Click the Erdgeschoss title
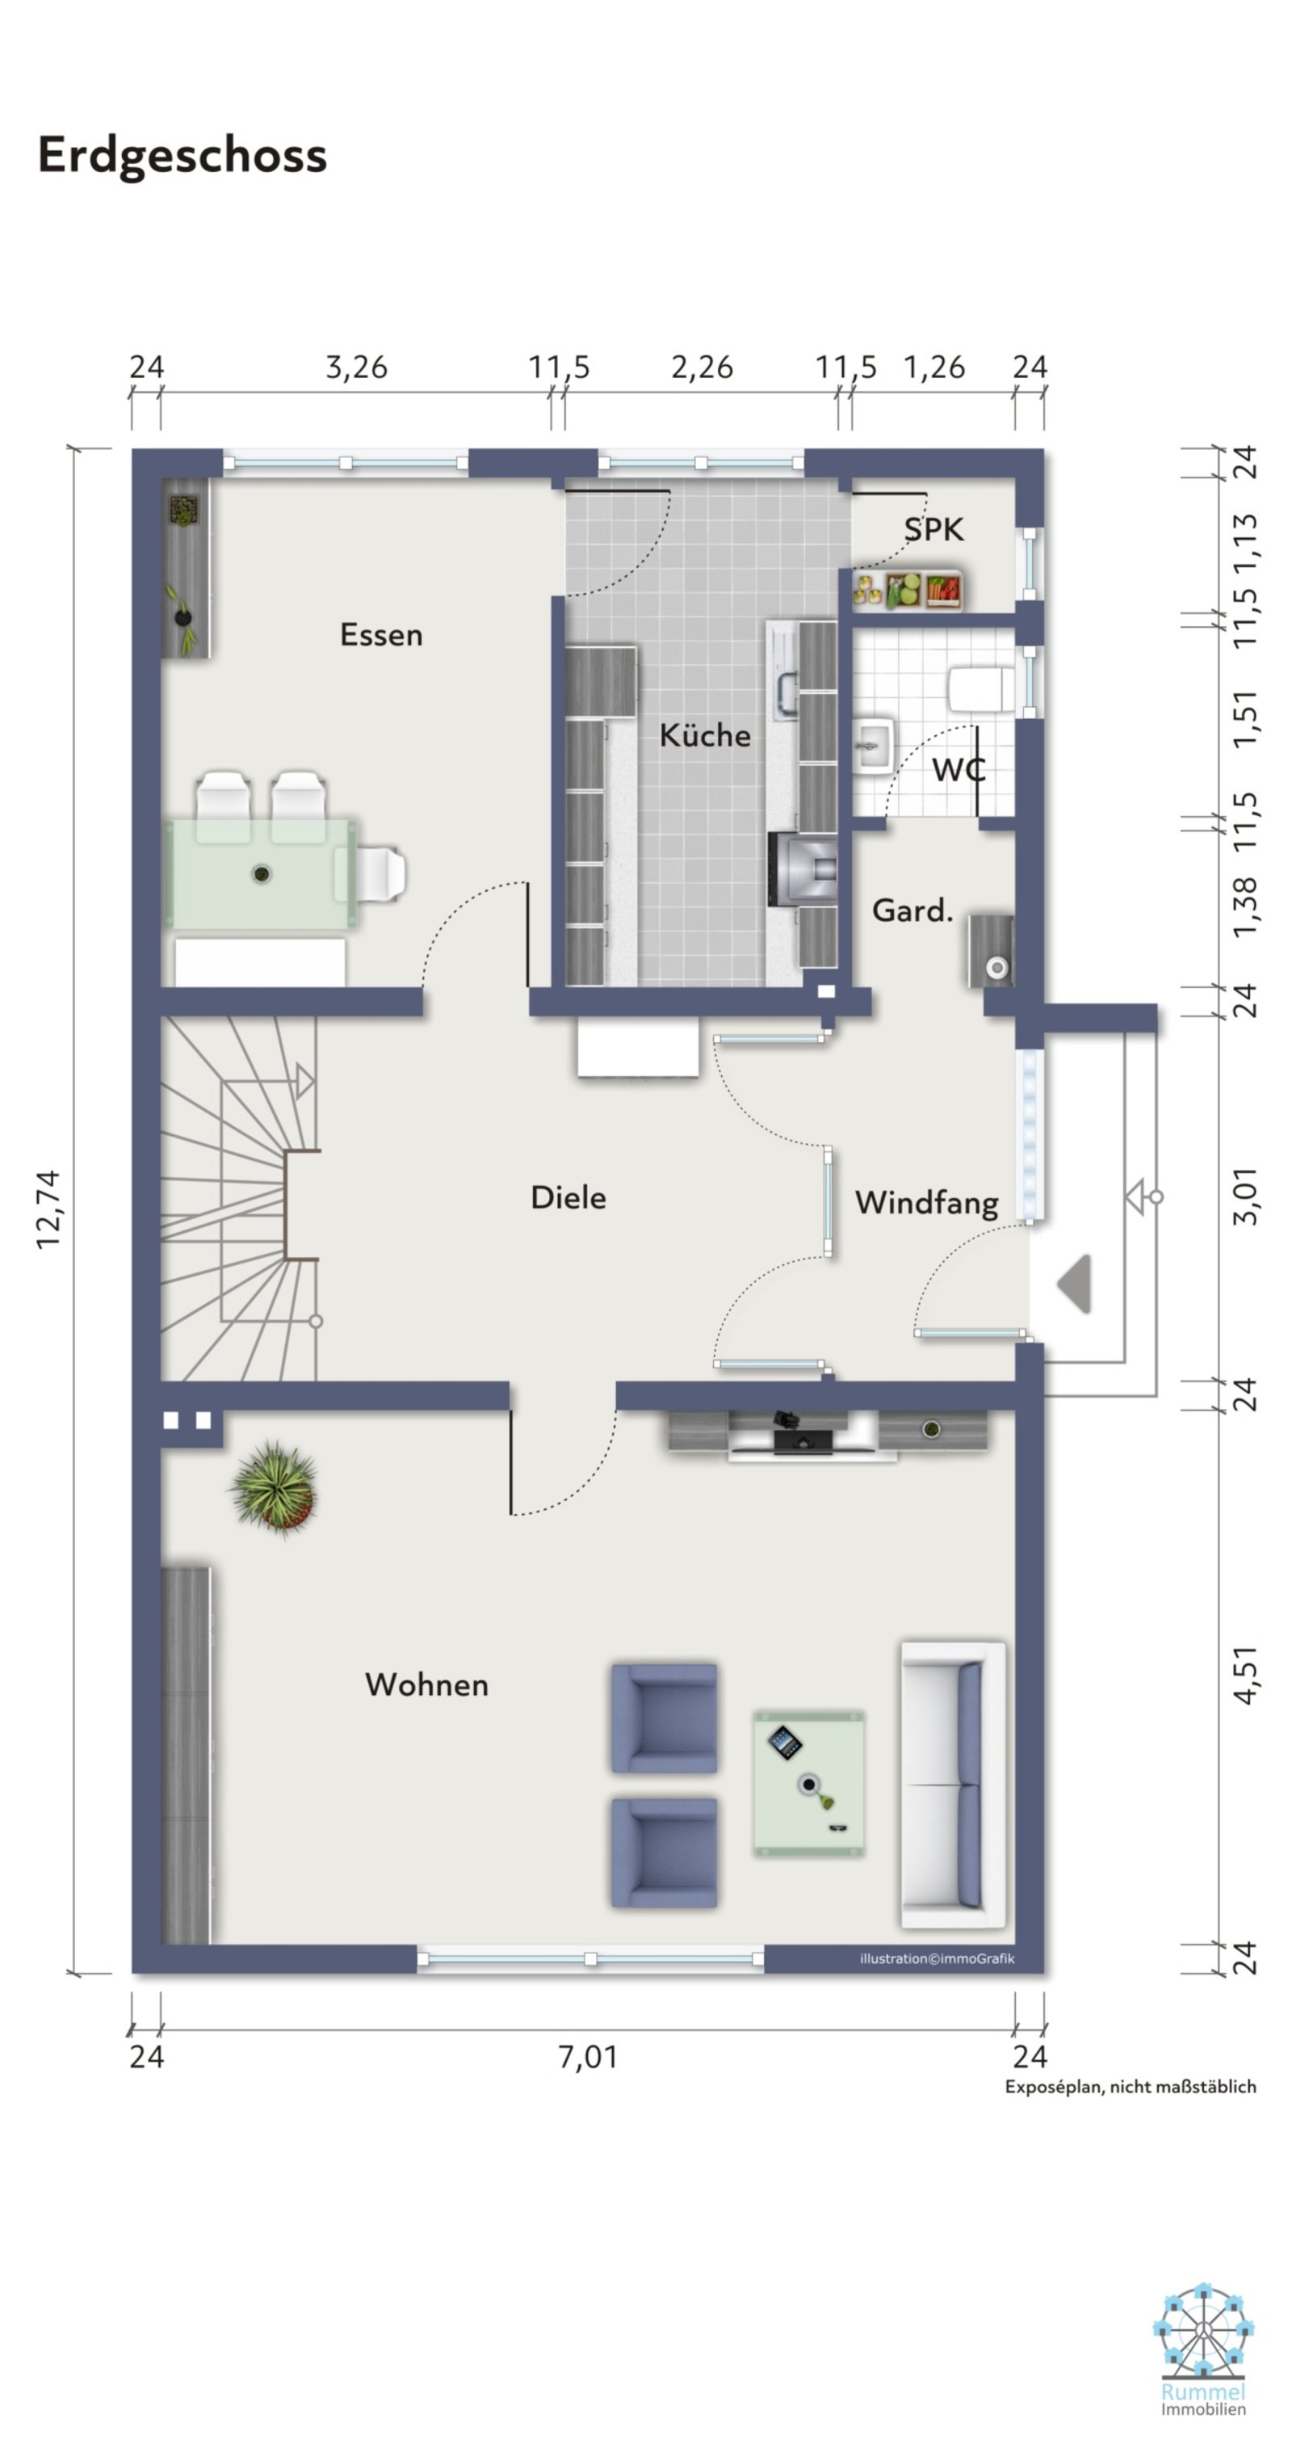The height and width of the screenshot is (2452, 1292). [x=182, y=155]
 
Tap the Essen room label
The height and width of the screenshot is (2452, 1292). [x=380, y=635]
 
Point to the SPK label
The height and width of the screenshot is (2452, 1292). [x=933, y=529]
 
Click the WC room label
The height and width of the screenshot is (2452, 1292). [x=958, y=769]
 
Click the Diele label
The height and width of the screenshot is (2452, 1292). [x=568, y=1197]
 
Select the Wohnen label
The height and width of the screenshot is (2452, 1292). [x=426, y=1684]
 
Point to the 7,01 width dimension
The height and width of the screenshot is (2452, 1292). [x=587, y=2057]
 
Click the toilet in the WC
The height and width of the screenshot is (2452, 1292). [x=982, y=688]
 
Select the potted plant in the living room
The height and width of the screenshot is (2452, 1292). [x=274, y=1487]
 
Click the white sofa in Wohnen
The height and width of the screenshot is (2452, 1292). [x=952, y=1785]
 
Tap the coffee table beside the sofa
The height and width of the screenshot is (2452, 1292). [x=808, y=1784]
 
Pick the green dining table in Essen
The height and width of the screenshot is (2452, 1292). [x=262, y=873]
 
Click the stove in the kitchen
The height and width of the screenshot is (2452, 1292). [x=804, y=869]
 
